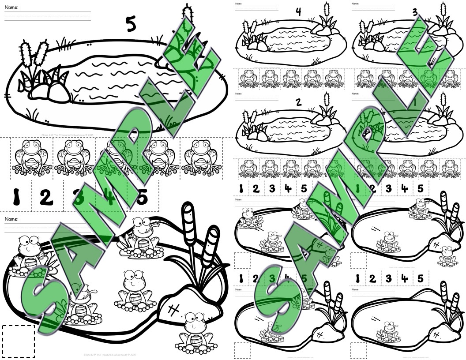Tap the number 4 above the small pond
pyautogui.click(x=298, y=12)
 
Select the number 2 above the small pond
pyautogui.click(x=298, y=102)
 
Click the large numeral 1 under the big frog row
pyautogui.click(x=16, y=197)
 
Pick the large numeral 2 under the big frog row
pyautogui.click(x=46, y=197)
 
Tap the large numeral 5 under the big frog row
pyautogui.click(x=142, y=197)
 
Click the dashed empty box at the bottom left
pyautogui.click(x=18, y=341)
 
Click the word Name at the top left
pyautogui.click(x=11, y=7)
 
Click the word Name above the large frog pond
pyautogui.click(x=11, y=219)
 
